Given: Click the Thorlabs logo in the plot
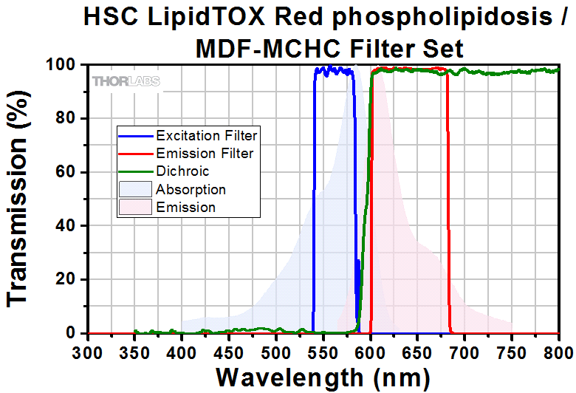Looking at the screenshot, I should pyautogui.click(x=126, y=81).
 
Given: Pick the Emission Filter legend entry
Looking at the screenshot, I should pyautogui.click(x=205, y=154).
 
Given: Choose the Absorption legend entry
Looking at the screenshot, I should pyautogui.click(x=191, y=190).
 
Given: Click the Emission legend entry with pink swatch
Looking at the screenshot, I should pyautogui.click(x=185, y=208).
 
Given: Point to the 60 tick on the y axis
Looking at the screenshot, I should pyautogui.click(x=67, y=172).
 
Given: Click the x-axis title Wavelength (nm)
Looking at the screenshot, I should pyautogui.click(x=323, y=377).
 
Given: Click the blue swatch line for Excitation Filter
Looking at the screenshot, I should pyautogui.click(x=137, y=136).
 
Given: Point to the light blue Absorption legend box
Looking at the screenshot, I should pyautogui.click(x=137, y=190).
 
